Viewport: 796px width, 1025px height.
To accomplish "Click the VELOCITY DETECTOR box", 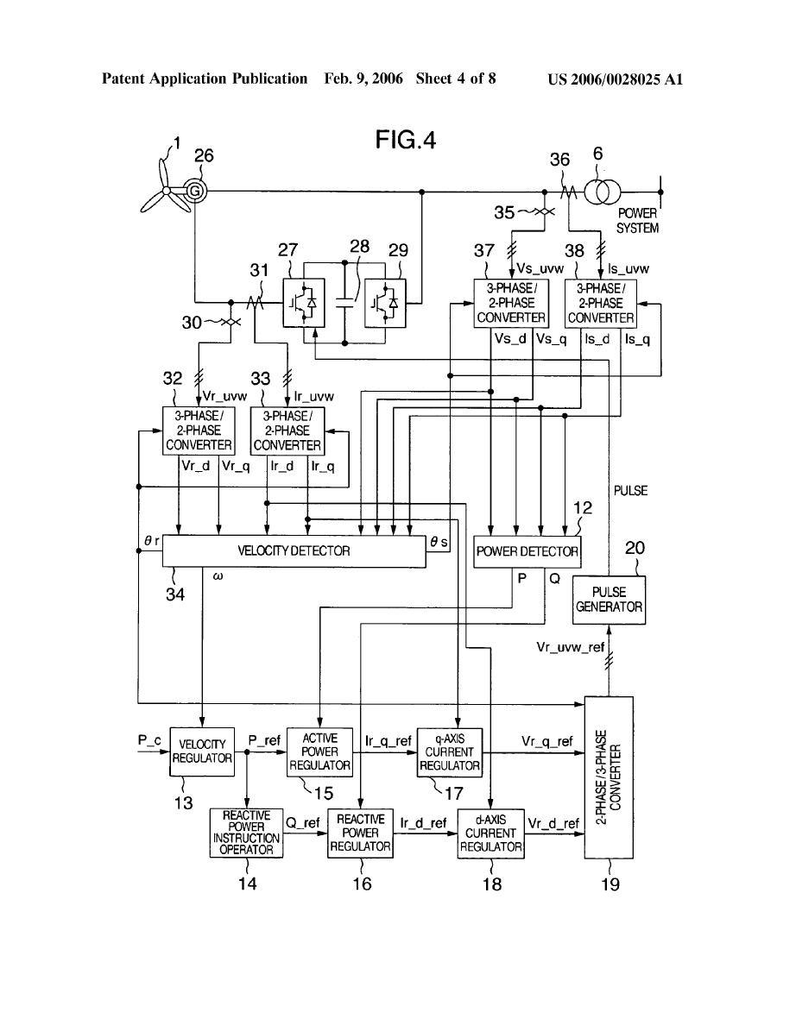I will pos(294,550).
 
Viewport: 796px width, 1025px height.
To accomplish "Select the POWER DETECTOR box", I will pos(528,550).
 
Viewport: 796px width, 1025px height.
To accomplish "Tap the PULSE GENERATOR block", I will pos(609,600).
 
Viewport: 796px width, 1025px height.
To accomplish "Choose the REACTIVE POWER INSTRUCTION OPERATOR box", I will pos(246,833).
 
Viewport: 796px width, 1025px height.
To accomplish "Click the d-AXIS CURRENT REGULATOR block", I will pos(490,833).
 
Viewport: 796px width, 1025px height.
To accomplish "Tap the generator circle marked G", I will pos(195,189).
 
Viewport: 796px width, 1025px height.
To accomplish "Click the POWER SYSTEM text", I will pos(637,222).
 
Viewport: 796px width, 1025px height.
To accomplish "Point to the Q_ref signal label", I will pos(303,824).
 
